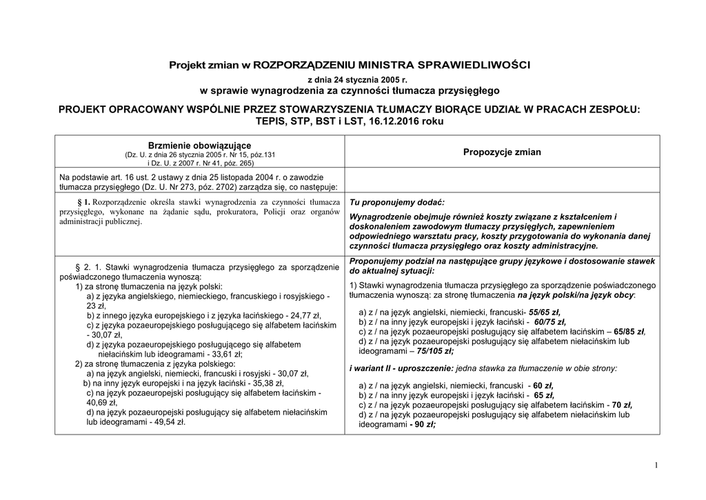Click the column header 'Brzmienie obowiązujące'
[199, 146]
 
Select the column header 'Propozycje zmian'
[502, 152]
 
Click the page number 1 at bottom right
[656, 466]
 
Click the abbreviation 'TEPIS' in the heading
[271, 121]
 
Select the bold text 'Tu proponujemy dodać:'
[397, 202]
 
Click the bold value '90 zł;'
[421, 425]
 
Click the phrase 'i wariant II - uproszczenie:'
[401, 368]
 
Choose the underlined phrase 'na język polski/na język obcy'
[576, 294]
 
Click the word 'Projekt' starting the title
[189, 65]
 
